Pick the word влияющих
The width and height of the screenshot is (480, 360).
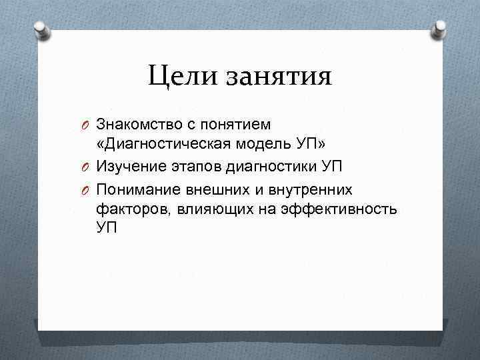211,210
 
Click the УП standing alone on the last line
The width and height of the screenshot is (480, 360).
106,227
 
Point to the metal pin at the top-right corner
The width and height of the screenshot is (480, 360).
441,29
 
